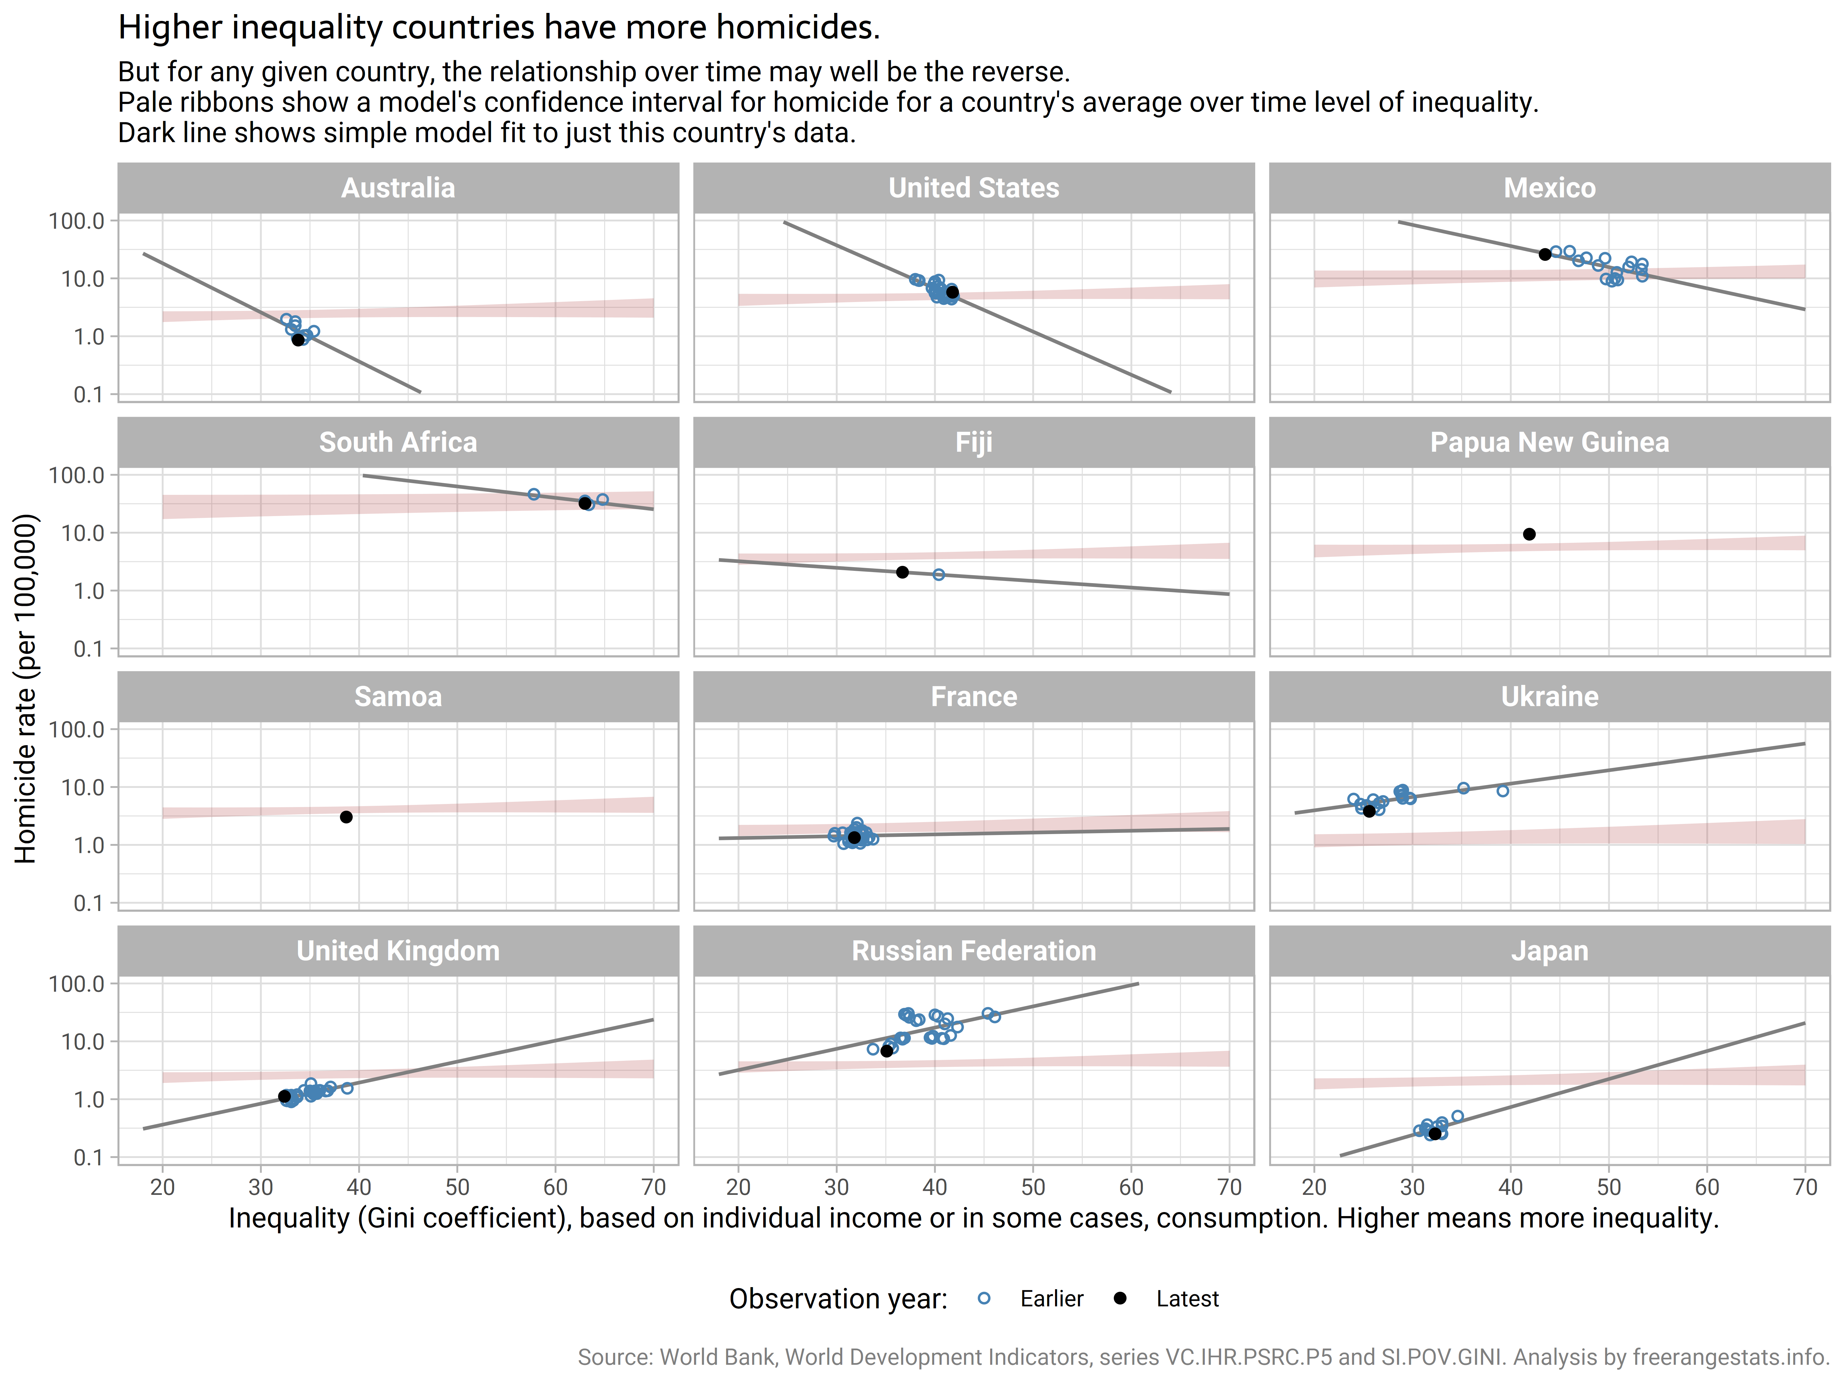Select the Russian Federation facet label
click(x=973, y=951)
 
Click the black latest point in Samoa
click(x=346, y=817)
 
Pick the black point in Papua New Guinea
click(x=1529, y=534)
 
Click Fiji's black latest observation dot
click(x=902, y=572)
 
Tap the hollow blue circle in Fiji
click(x=938, y=575)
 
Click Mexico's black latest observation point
click(x=1545, y=254)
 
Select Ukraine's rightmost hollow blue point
click(x=1502, y=791)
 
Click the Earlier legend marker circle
click(x=984, y=1298)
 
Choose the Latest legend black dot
click(x=1120, y=1298)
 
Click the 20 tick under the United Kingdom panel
click(x=163, y=1187)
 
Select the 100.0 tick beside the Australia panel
click(x=77, y=221)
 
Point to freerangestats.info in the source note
click(x=1731, y=1357)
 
